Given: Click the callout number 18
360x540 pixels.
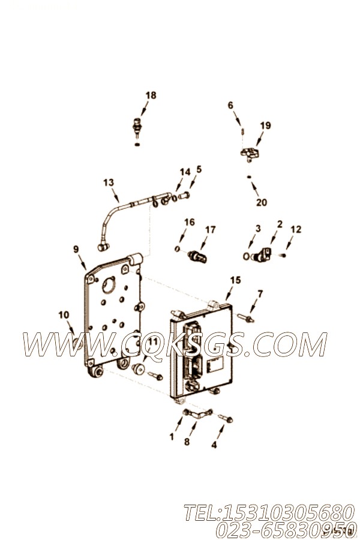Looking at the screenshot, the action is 151,95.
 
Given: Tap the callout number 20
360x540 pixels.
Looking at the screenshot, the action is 262,202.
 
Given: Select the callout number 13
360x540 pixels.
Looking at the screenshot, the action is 109,182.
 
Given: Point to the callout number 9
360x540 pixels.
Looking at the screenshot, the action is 76,250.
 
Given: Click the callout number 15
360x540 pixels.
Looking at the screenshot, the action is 236,280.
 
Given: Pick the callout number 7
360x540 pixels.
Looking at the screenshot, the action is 260,294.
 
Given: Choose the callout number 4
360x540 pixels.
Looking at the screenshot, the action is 214,445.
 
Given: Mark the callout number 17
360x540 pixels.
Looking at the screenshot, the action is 210,229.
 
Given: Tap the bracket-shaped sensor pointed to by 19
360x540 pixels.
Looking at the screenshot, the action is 250,152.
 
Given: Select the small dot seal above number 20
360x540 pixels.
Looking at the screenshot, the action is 249,177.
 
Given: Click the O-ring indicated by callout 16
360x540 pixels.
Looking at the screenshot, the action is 177,248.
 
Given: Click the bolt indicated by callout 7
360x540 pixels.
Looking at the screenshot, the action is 245,318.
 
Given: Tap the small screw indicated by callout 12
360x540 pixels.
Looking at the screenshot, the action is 284,255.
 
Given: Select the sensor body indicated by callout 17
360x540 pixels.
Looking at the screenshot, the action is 197,257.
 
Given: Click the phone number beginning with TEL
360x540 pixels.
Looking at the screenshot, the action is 269,513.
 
